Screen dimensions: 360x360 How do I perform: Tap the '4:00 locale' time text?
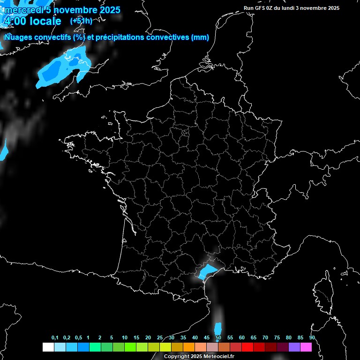coord(32,22)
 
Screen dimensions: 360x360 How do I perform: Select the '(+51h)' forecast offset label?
coord(81,21)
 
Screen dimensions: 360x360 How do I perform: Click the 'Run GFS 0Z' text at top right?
coord(260,8)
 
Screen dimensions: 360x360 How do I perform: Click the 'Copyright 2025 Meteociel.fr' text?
coord(199,356)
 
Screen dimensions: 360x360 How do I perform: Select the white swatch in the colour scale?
coord(48,347)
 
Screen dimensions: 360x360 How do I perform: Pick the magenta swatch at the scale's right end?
coord(306,347)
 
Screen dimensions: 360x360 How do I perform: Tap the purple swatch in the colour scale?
coord(294,347)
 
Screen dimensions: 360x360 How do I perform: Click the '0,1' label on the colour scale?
coord(55,337)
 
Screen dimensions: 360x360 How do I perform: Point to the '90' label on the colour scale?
coord(312,337)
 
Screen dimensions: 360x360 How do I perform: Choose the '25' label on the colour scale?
coord(160,337)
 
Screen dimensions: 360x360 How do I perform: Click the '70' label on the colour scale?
coord(265,337)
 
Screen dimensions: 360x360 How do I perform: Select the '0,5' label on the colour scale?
coord(78,337)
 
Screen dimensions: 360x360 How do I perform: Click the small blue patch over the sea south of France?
coord(217,329)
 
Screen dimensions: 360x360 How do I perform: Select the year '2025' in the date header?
coord(108,10)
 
